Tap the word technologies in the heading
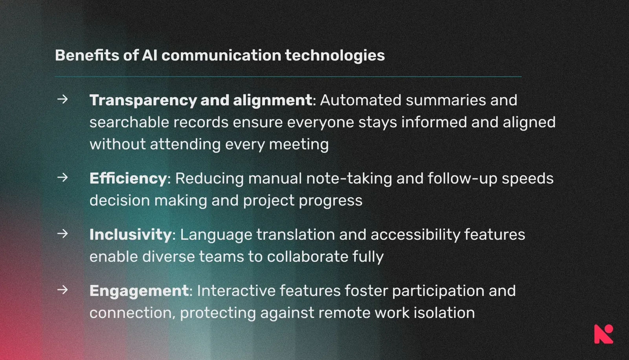[x=335, y=55]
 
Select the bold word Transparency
[x=143, y=101]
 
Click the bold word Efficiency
[x=128, y=179]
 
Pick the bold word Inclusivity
[x=131, y=235]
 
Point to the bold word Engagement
[x=139, y=291]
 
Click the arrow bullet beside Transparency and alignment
[x=63, y=99]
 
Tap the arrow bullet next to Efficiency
[x=63, y=178]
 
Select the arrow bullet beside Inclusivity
[x=63, y=234]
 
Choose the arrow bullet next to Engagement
[x=63, y=290]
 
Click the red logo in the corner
[x=603, y=334]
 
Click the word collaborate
[x=307, y=257]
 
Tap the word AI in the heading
[x=150, y=55]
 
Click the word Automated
[x=360, y=100]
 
